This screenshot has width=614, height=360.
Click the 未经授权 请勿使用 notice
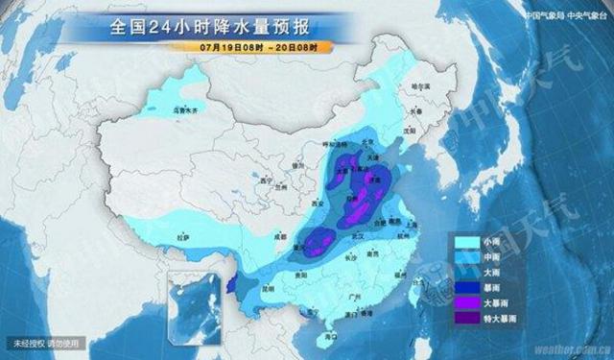coord(49,343)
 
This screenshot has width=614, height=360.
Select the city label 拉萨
coord(184,235)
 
